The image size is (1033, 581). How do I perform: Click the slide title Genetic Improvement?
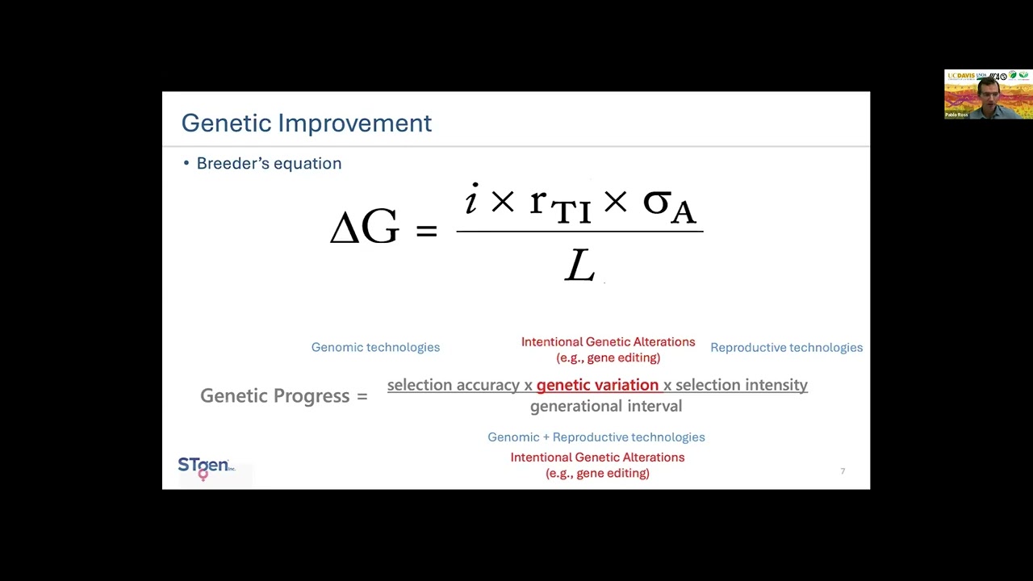[x=306, y=123]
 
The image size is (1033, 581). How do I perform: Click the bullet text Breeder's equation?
[x=269, y=163]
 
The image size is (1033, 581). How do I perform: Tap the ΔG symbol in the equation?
[x=364, y=228]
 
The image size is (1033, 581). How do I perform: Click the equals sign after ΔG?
[x=426, y=230]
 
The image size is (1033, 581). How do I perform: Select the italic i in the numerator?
[x=471, y=199]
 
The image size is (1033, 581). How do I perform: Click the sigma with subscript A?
[x=668, y=204]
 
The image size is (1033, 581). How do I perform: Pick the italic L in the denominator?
[x=579, y=265]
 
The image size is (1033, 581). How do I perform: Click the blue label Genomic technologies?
[x=375, y=347]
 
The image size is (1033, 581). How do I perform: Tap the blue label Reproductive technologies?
[x=786, y=347]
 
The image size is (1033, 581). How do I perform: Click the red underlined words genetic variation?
[x=597, y=385]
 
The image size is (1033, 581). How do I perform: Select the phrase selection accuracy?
[x=453, y=385]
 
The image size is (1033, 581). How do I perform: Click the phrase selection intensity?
[x=741, y=385]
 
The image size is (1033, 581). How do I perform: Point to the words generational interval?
[x=605, y=406]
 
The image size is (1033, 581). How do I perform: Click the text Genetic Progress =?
[x=283, y=395]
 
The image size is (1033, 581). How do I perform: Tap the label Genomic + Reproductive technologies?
[x=596, y=437]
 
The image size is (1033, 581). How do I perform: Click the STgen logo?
[x=205, y=466]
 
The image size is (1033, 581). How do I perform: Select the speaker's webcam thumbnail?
[x=988, y=94]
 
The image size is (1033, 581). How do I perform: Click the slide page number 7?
[x=843, y=471]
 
